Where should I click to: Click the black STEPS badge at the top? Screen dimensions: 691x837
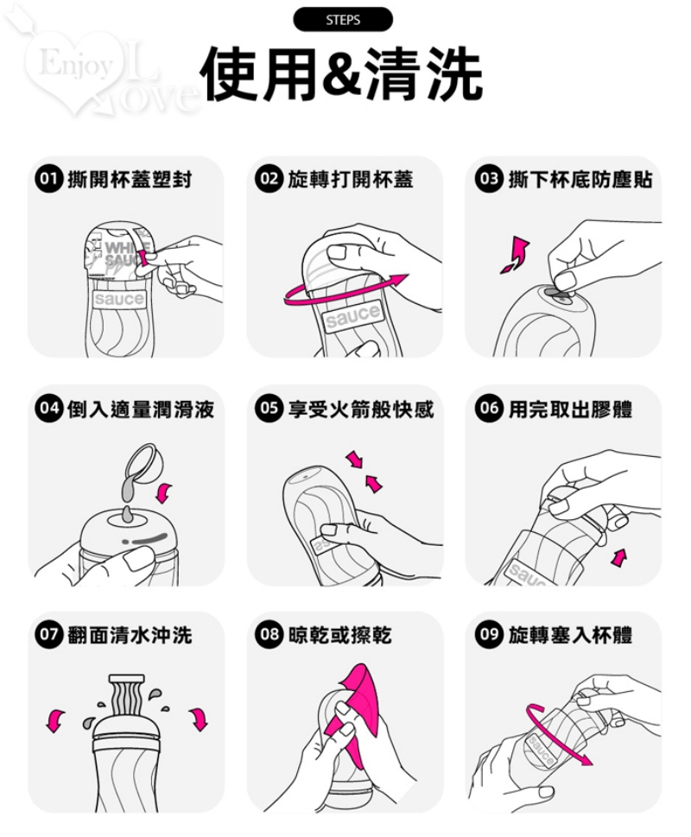343,20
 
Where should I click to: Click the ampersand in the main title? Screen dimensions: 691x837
344,75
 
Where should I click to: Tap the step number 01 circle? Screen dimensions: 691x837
48,179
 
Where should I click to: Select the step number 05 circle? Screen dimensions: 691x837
269,409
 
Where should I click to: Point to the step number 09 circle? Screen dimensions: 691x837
489,635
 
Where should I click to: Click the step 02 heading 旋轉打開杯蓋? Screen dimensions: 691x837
351,180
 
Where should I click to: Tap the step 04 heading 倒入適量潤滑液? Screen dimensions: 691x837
141,409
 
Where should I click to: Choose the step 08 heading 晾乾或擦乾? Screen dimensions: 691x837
340,635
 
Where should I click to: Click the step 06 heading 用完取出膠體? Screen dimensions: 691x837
570,409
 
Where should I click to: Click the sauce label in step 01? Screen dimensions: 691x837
118,299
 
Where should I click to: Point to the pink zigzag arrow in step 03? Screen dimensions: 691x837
516,255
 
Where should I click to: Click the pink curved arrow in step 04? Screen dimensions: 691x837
164,492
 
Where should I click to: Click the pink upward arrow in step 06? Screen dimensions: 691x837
619,558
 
